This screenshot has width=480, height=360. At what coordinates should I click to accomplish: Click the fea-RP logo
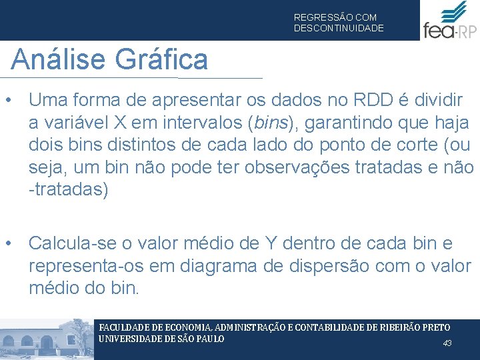(449, 21)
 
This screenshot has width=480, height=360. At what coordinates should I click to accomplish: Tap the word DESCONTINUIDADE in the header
(339, 28)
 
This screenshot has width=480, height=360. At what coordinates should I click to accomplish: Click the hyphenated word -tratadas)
(67, 189)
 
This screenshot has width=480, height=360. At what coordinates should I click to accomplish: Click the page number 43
(447, 343)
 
